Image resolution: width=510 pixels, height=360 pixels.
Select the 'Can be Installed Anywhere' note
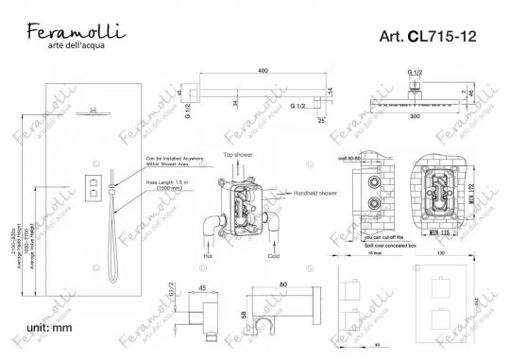coord(168,160)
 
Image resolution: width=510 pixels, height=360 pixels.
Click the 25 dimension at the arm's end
coord(321,122)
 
